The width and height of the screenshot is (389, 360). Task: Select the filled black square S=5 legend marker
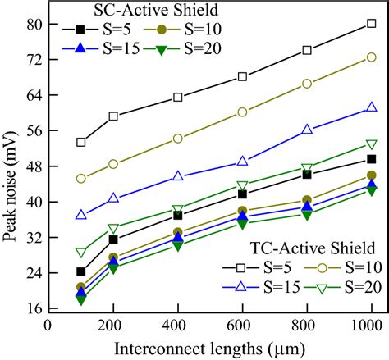[80, 30]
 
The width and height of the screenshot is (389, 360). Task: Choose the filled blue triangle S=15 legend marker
[80, 50]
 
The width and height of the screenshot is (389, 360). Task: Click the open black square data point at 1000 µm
[372, 24]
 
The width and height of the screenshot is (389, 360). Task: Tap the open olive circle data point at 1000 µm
[372, 57]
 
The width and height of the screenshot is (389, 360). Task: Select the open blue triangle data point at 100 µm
[80, 215]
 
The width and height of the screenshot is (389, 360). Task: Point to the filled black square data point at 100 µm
[80, 271]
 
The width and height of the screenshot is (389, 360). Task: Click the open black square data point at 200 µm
[113, 116]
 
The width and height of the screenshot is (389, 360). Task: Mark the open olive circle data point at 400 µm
[178, 139]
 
